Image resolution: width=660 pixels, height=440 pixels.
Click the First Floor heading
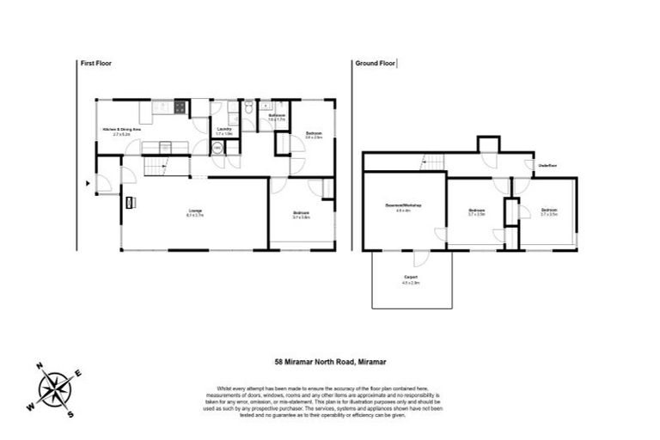coord(96,64)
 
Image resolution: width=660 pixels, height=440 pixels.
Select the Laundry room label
coord(223,130)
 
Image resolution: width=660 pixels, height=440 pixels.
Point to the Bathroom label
coord(276,115)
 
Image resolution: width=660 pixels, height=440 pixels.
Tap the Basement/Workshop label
coord(403,206)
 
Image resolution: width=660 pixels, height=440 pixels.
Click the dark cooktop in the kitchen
coord(180,107)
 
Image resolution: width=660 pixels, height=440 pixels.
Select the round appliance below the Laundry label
coord(217,148)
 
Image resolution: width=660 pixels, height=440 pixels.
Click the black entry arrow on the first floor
coord(89,182)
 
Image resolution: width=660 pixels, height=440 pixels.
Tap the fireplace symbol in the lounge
coord(131,203)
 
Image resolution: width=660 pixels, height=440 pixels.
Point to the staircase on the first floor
coord(156,167)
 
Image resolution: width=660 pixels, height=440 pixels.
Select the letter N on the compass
coord(40,365)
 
